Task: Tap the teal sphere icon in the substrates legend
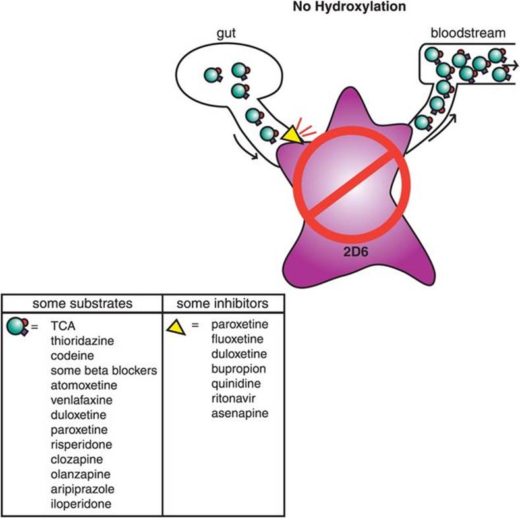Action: click(18, 325)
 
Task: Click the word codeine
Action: click(71, 355)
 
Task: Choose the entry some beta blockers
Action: click(103, 370)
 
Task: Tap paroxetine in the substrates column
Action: click(78, 430)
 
